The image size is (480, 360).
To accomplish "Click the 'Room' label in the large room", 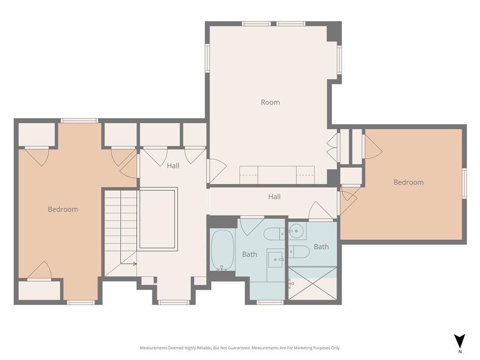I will (x=270, y=102).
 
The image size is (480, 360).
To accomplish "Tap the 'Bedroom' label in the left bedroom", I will (x=63, y=209).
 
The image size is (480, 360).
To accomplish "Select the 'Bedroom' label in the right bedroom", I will (x=408, y=182).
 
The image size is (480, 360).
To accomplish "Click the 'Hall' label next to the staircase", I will (x=173, y=165).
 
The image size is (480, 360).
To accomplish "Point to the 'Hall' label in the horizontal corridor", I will (x=274, y=197).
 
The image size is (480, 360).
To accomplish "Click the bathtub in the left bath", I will (x=221, y=250).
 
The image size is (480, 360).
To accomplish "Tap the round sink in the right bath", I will (x=296, y=230).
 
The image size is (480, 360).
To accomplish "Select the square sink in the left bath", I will (x=276, y=259).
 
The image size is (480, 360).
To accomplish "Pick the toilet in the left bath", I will (x=274, y=233).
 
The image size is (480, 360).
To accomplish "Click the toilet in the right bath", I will (x=299, y=252).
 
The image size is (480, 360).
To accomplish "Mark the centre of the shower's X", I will (x=312, y=284).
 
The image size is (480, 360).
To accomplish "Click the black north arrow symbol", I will (x=460, y=340).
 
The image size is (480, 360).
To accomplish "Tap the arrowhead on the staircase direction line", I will (x=135, y=263).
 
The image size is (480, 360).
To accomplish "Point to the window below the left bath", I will (x=270, y=302).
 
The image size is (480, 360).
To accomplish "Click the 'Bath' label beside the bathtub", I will (x=249, y=254).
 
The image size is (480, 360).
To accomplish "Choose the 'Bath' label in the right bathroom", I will (x=321, y=247).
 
